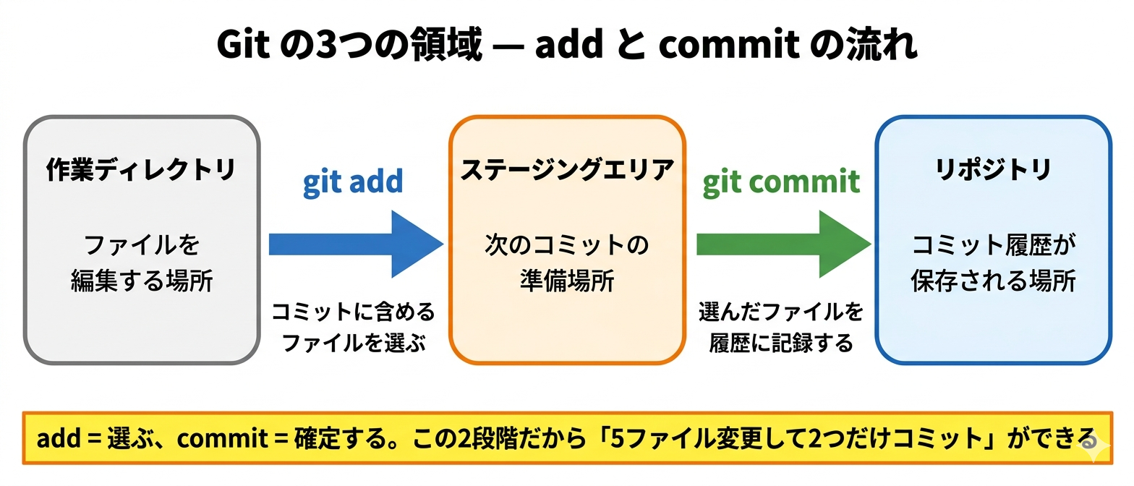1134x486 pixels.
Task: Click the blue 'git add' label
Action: coord(353,182)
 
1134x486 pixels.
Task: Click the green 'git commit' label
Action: coord(781,182)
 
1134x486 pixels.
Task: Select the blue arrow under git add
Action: coord(355,244)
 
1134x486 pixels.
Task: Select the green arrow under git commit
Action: coord(783,244)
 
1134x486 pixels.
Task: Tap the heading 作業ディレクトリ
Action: coord(141,171)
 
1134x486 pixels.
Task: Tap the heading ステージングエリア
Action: coord(567,171)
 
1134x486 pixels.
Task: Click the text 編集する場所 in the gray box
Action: coord(142,281)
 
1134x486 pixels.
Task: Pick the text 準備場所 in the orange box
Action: coord(567,281)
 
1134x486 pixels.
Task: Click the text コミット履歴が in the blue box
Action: coord(993,246)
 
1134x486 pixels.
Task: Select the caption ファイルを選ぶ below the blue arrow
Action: coord(354,343)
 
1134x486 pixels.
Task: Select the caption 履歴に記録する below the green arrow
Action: coord(781,343)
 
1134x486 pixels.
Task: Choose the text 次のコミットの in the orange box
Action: coord(567,246)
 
